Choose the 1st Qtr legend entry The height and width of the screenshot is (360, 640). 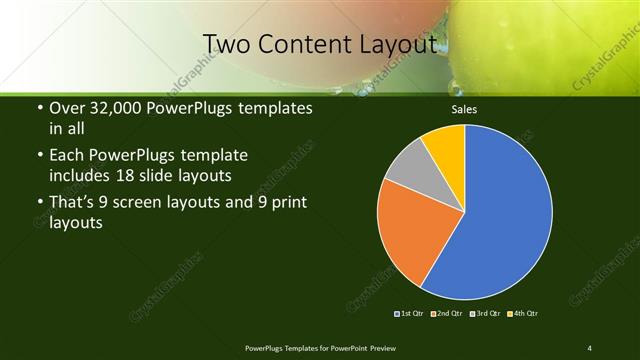[411, 314]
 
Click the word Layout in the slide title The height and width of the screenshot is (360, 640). [400, 44]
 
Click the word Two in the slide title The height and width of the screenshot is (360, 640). [226, 44]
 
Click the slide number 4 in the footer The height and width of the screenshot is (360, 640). [590, 347]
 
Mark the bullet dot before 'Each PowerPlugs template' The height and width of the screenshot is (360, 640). [39, 157]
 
